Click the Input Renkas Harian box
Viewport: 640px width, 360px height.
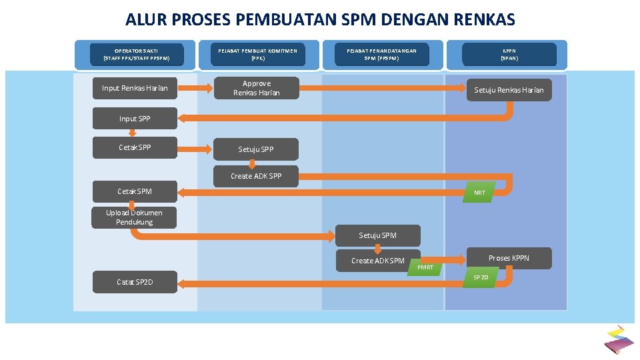[x=135, y=89]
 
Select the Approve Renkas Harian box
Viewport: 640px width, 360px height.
[x=256, y=89]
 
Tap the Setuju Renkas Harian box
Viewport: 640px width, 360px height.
[x=509, y=90]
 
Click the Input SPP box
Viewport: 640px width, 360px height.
[x=135, y=119]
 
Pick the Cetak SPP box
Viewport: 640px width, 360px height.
[x=135, y=147]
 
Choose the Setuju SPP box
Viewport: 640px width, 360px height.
[x=256, y=149]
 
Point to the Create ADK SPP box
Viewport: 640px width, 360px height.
[x=256, y=176]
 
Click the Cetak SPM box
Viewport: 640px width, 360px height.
[x=135, y=191]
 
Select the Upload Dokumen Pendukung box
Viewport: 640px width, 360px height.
[x=134, y=217]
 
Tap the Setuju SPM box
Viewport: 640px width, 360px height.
[x=377, y=235]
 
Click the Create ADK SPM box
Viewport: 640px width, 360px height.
[x=377, y=261]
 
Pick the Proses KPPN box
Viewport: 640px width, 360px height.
[x=509, y=258]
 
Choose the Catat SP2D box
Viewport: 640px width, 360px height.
[x=135, y=282]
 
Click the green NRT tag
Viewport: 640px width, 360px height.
[x=479, y=193]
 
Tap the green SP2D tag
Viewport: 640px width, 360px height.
[x=481, y=277]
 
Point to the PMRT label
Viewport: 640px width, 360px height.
[x=425, y=267]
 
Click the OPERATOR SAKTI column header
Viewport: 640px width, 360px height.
[x=137, y=54]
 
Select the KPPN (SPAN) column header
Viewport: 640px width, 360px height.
[x=509, y=54]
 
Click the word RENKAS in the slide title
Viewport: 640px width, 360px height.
[x=486, y=20]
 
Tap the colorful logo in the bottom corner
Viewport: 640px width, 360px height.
[x=618, y=339]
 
